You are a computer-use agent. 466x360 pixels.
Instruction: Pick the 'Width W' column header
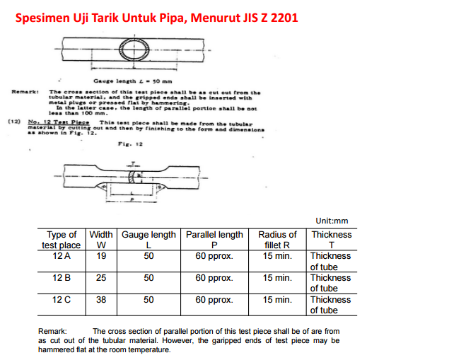[x=101, y=240]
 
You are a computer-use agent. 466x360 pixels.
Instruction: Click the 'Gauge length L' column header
[x=148, y=240]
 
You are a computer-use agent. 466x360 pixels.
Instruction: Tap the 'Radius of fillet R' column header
[x=277, y=240]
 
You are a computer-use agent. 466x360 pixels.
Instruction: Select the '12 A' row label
[x=62, y=256]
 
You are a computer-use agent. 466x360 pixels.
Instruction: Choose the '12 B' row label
[x=62, y=278]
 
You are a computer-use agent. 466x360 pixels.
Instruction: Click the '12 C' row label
[x=62, y=300]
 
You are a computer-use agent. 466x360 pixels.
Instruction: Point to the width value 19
[x=101, y=256]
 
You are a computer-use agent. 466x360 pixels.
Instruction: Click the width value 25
[x=101, y=278]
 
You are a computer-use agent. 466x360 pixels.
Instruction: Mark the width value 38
[x=101, y=300]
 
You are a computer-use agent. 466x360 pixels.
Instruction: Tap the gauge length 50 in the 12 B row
[x=148, y=278]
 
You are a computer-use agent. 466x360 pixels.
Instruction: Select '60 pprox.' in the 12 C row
[x=214, y=300]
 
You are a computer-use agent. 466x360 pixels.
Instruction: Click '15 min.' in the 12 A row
[x=277, y=256]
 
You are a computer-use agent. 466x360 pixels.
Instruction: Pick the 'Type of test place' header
[x=62, y=240]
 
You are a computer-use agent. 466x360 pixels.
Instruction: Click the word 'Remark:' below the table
[x=52, y=330]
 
